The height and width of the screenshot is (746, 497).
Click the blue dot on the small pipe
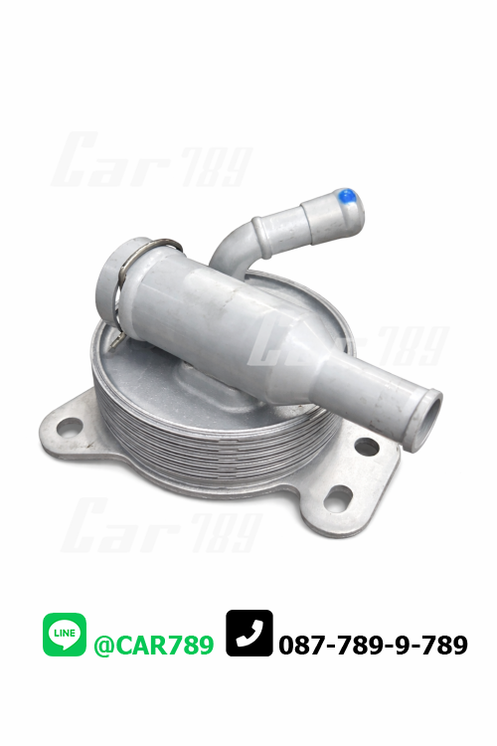(346, 196)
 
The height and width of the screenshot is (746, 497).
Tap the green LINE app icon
(65, 635)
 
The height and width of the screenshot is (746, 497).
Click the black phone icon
(249, 634)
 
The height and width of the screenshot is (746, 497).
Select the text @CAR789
(154, 646)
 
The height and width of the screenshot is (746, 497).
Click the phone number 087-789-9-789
(373, 646)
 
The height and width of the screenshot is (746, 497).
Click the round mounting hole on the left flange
(70, 428)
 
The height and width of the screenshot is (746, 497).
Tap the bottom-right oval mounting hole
(338, 499)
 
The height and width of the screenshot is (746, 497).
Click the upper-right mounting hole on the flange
(367, 447)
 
